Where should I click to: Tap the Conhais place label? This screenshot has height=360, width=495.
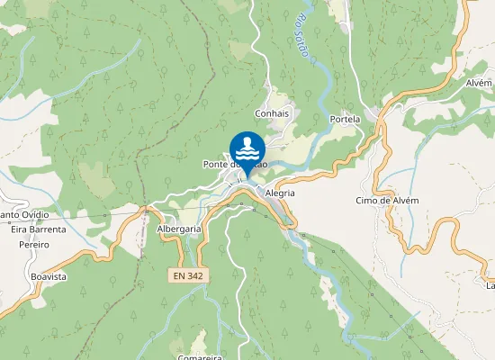[x=272, y=114]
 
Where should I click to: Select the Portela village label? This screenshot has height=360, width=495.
[x=345, y=119]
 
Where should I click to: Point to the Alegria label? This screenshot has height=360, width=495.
[x=281, y=193]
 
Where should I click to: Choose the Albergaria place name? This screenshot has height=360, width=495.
[x=178, y=229]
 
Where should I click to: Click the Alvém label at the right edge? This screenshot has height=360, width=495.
[x=480, y=83]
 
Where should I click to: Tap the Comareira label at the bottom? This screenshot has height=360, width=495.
[x=200, y=356]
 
